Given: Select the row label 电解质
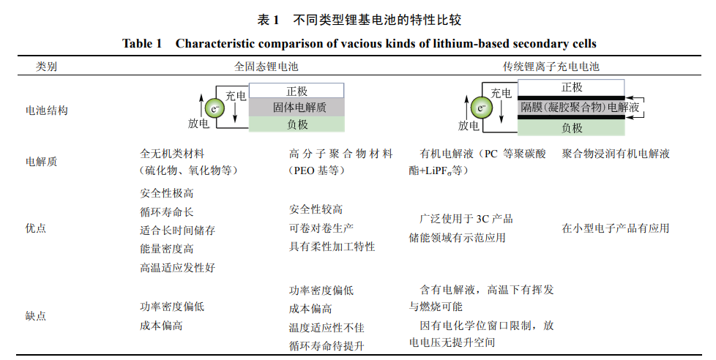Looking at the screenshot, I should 41,162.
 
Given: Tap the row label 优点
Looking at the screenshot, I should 36,228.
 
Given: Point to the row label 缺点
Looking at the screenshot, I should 36,316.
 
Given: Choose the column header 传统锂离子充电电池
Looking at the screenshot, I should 551,67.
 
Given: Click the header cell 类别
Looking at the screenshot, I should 47,67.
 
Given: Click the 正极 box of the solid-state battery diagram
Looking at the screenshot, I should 297,91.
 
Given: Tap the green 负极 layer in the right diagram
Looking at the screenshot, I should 571,127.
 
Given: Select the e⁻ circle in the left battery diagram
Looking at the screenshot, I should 215,108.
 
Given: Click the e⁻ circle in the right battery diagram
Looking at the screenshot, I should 482,108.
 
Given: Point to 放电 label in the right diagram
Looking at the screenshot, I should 469,125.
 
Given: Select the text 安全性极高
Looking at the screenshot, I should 166,194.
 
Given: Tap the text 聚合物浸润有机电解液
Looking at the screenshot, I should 616,154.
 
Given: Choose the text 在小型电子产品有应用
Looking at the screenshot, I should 616,228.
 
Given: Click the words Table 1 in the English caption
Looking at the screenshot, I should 142,44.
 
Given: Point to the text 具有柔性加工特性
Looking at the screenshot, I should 332,247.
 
